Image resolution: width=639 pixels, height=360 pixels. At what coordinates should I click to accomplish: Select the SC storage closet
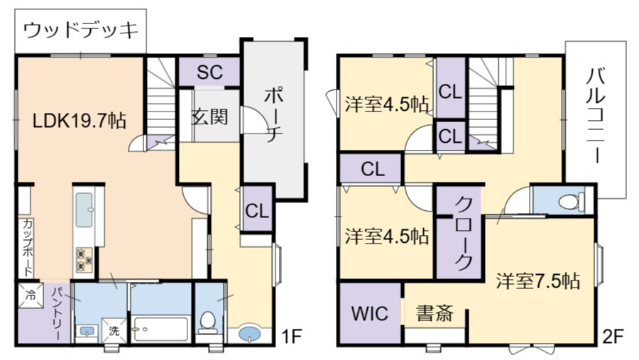[x=209, y=71]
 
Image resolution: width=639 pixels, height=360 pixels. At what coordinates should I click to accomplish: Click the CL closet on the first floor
[x=257, y=209]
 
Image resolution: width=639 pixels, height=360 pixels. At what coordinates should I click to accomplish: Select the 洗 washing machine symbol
[x=114, y=330]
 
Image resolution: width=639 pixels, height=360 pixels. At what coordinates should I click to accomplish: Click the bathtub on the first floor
[x=160, y=329]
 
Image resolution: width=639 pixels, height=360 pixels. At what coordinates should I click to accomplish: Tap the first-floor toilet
[x=207, y=322]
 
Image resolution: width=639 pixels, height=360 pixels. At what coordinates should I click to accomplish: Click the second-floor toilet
[x=569, y=202]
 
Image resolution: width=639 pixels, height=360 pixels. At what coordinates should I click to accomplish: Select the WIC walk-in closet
[x=370, y=313]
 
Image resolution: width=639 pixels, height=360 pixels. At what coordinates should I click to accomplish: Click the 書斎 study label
[x=434, y=313]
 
